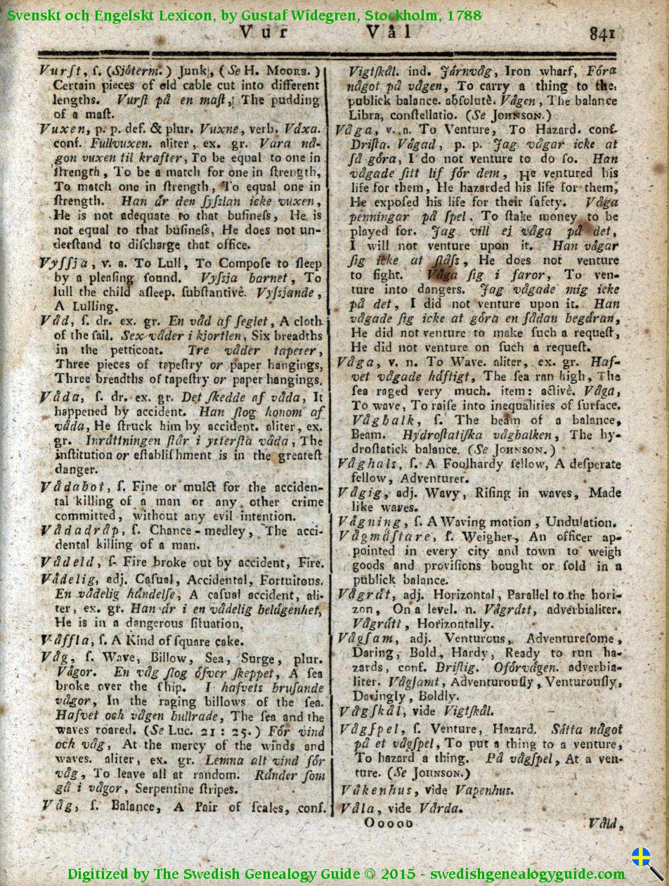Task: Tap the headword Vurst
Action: pyautogui.click(x=61, y=70)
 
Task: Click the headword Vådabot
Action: pyautogui.click(x=73, y=487)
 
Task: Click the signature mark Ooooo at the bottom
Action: pyautogui.click(x=389, y=823)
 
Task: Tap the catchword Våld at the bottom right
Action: pyautogui.click(x=604, y=823)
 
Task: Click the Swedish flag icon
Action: pyautogui.click(x=640, y=856)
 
